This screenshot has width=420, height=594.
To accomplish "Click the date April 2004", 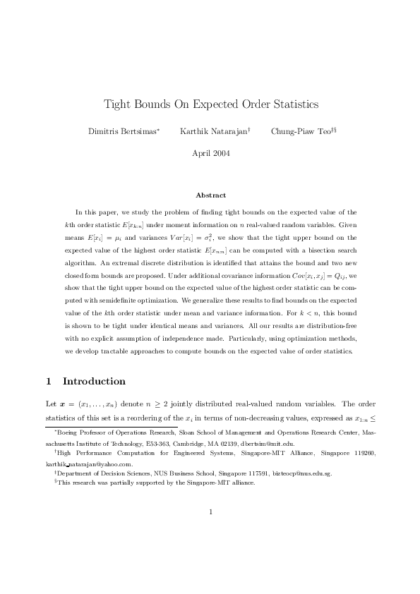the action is point(210,152).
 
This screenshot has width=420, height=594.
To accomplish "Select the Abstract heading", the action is point(210,195).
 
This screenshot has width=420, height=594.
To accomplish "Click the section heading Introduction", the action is point(94,382).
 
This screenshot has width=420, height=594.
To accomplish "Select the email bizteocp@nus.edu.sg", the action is point(301,474).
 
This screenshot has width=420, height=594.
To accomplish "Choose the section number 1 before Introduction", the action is point(48,382).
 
